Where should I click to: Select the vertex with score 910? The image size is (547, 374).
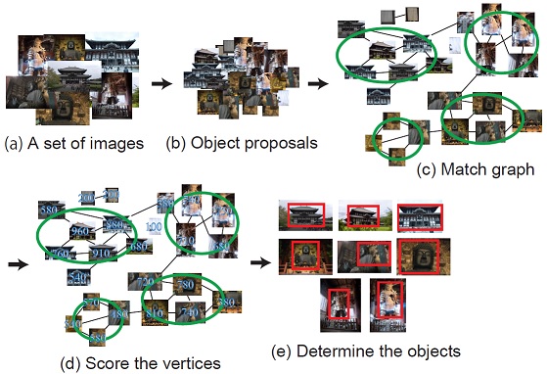tap(101, 253)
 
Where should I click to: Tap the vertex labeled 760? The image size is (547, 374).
tap(62, 254)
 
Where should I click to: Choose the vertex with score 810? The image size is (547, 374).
tap(155, 313)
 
